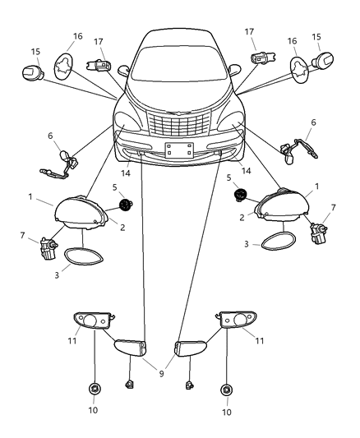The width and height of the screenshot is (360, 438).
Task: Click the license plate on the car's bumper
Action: click(x=178, y=150)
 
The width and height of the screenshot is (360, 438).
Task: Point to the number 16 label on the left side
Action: click(x=77, y=37)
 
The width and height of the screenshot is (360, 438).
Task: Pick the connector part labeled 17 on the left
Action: click(x=99, y=64)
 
